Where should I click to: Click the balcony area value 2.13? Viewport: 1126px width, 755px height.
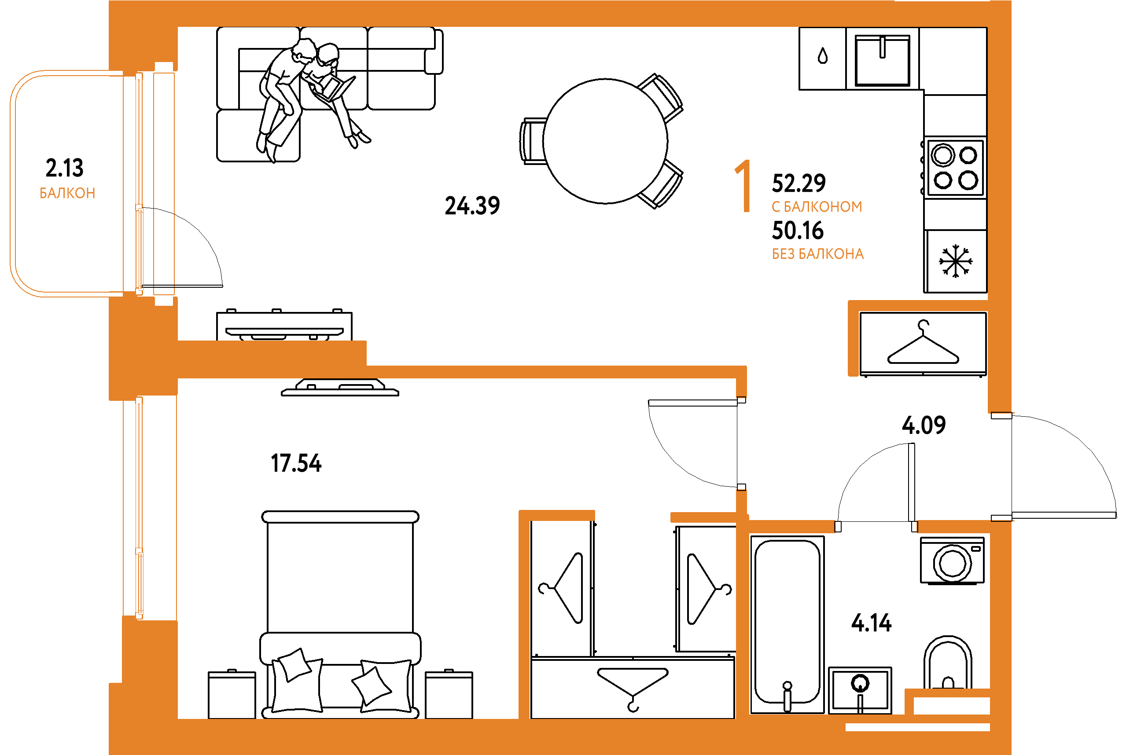[65, 168]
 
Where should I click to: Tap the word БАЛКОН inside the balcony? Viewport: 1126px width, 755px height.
[67, 193]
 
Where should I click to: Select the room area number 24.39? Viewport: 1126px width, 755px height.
[472, 205]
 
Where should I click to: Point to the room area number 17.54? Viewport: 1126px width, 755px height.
[296, 463]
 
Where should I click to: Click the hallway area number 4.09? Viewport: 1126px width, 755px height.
[923, 425]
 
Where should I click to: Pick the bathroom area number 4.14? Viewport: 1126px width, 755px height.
[871, 623]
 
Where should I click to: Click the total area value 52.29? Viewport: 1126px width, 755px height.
[799, 183]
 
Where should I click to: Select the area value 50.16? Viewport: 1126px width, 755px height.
[798, 230]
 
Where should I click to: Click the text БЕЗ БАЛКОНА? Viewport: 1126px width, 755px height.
[818, 254]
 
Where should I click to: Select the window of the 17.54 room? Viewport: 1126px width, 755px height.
[139, 508]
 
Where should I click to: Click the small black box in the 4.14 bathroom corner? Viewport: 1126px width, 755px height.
[952, 705]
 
